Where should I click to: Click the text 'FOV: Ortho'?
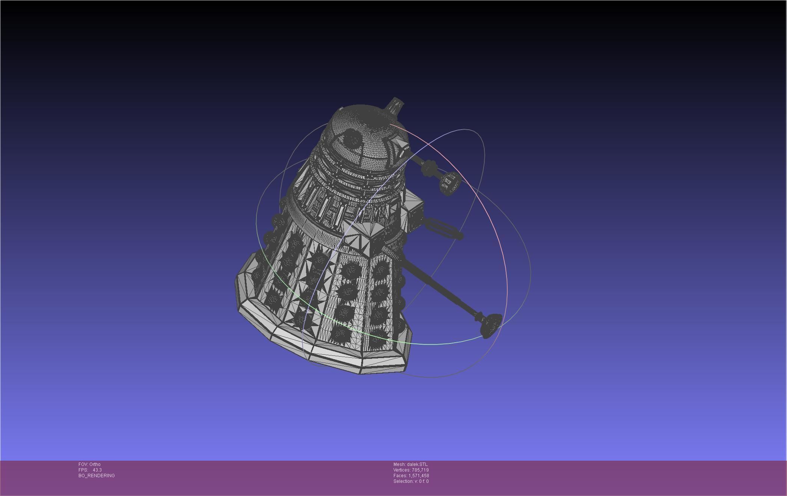89,464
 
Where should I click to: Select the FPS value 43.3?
97,470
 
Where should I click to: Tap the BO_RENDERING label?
96,476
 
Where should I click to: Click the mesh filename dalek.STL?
417,464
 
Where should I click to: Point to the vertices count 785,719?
420,470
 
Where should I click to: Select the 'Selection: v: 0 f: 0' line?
411,481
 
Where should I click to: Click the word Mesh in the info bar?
399,464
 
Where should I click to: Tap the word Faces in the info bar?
400,476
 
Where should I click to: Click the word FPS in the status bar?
83,470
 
